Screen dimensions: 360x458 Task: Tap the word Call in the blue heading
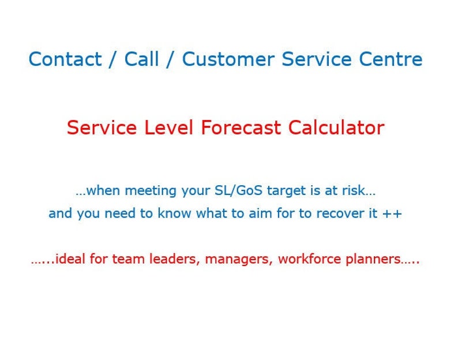point(141,59)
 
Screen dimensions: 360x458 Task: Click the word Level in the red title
point(167,127)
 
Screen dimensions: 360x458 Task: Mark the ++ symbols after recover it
point(392,214)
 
